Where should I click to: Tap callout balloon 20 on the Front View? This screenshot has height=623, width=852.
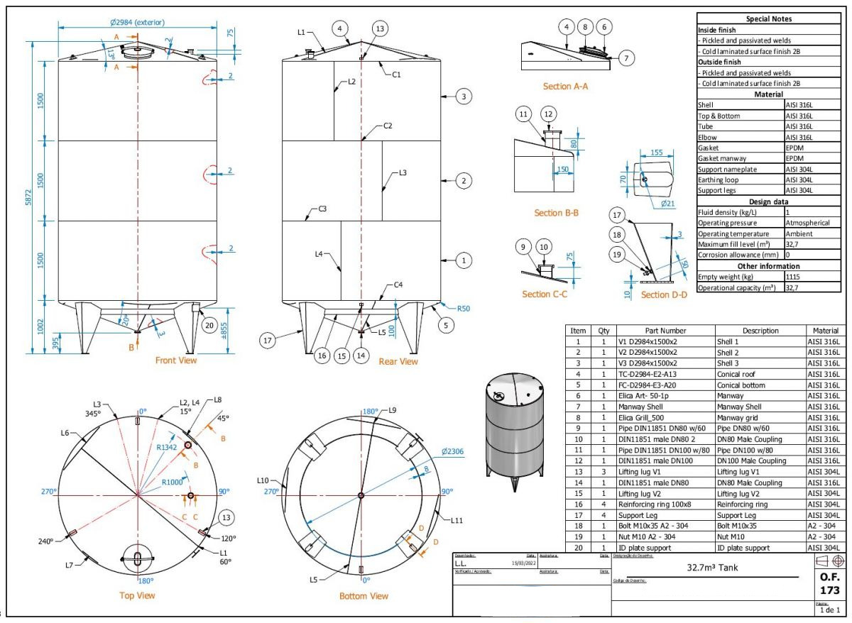tap(209, 325)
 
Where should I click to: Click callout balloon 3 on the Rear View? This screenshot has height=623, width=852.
tap(463, 97)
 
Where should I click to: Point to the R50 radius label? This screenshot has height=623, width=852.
tap(463, 309)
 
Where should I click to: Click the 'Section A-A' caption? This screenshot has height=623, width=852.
tap(565, 87)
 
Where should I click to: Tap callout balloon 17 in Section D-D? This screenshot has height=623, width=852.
tap(617, 214)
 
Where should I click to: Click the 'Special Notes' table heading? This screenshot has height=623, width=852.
tap(769, 19)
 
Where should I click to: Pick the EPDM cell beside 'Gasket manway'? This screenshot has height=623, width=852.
tap(795, 158)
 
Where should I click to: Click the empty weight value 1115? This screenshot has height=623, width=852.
tap(793, 277)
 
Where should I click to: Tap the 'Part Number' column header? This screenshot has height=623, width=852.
tap(665, 331)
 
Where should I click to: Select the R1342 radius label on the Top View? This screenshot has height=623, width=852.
tap(168, 447)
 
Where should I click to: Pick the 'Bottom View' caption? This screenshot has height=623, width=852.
tap(364, 596)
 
